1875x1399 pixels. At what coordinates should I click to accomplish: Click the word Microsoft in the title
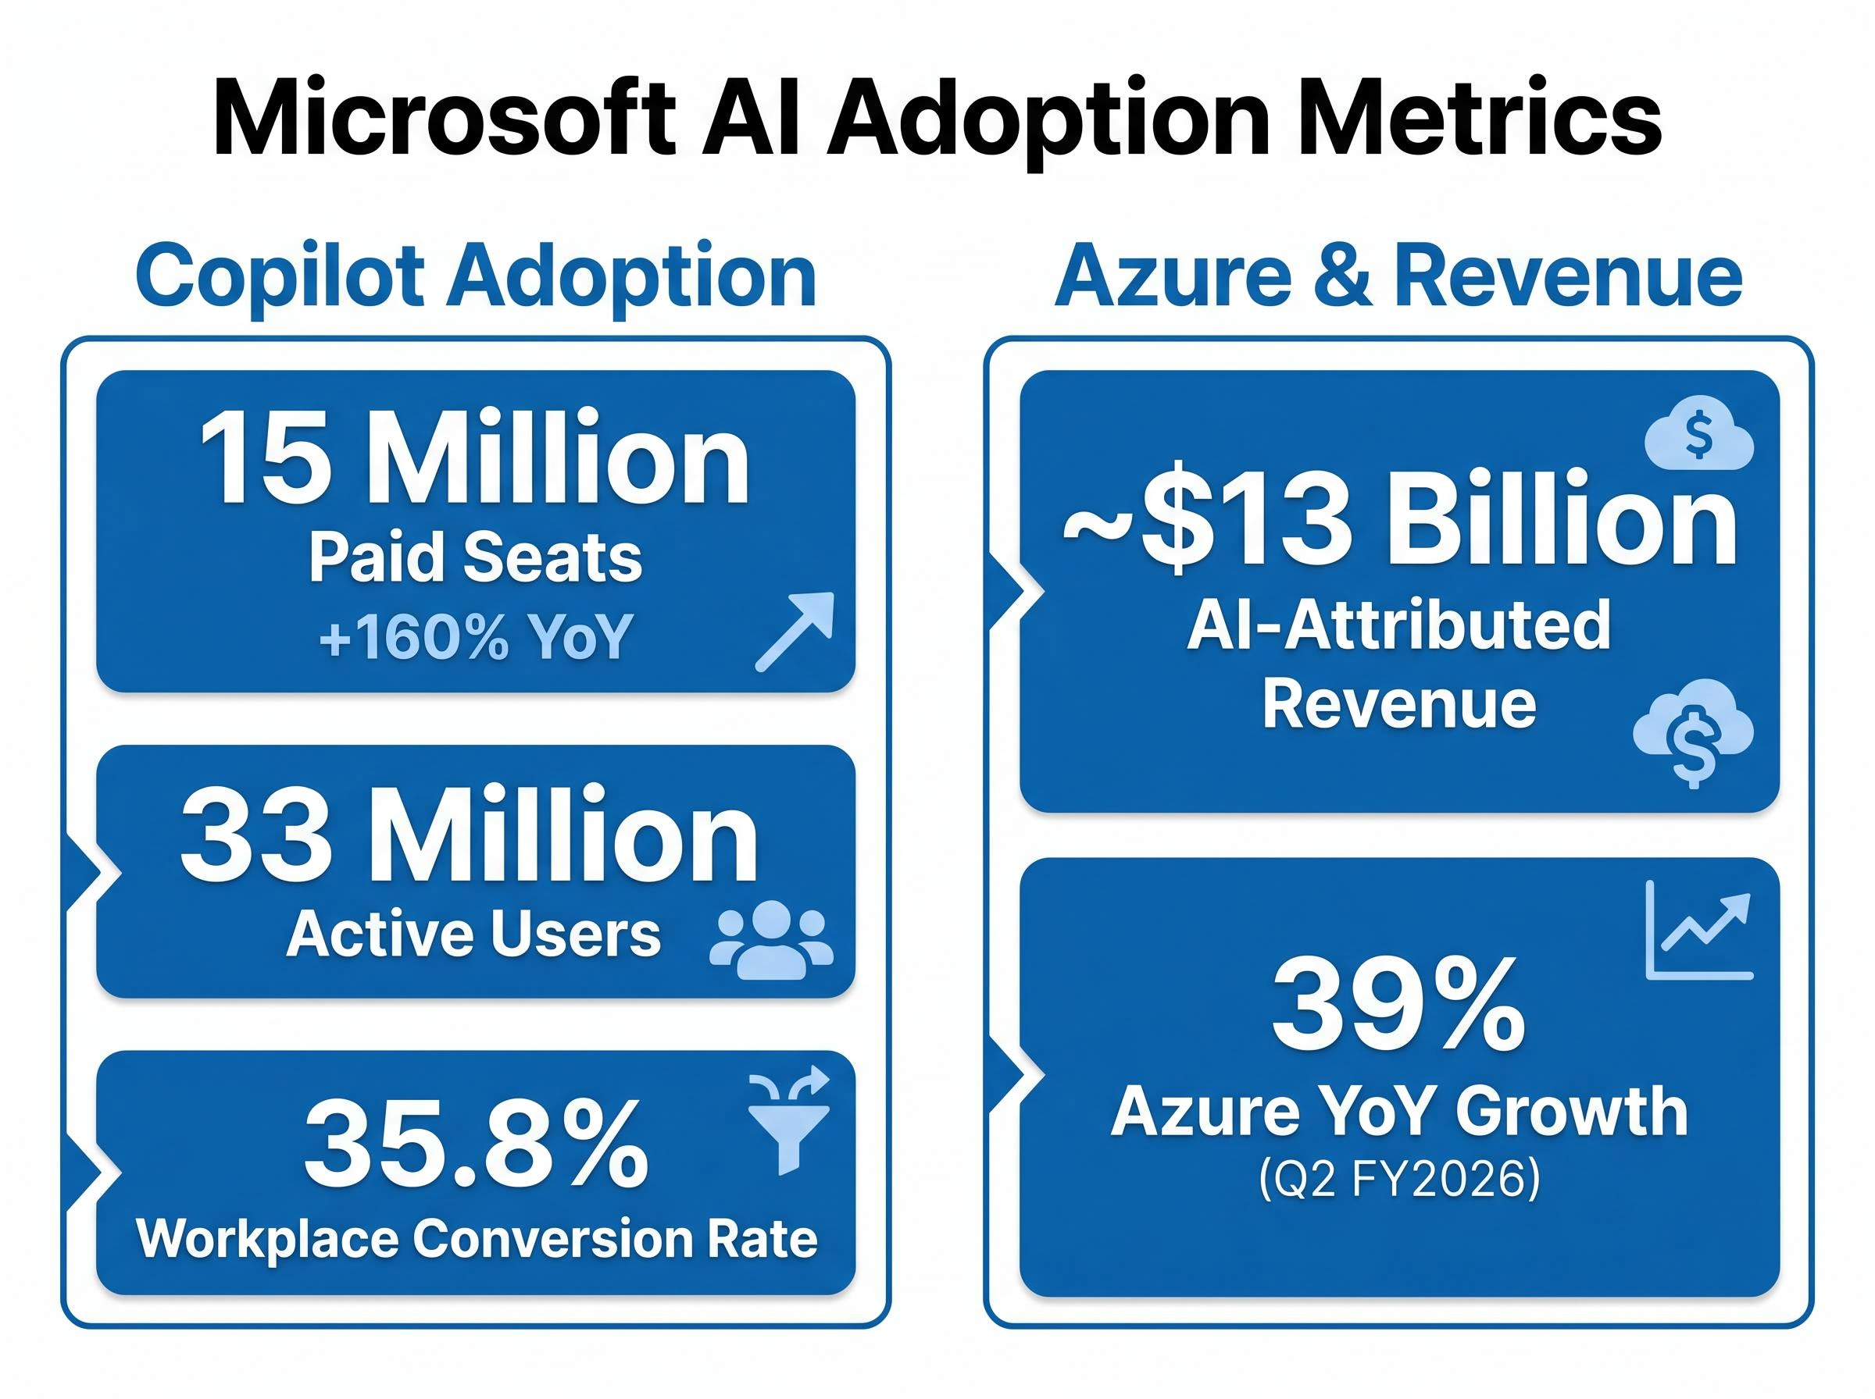pos(444,119)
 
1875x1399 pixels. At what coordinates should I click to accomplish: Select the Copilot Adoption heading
pos(476,277)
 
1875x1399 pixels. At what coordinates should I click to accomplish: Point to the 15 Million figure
pos(474,459)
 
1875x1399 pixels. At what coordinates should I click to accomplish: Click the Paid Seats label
pos(474,558)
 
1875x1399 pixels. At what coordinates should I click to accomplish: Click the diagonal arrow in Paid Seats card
pos(794,632)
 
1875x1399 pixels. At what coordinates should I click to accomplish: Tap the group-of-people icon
pos(771,940)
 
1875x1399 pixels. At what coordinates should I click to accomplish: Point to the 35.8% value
pos(476,1145)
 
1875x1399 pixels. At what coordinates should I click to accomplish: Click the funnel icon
pos(789,1121)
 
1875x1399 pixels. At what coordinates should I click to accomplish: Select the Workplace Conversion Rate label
pos(476,1239)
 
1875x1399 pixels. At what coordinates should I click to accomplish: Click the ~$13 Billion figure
pos(1399,518)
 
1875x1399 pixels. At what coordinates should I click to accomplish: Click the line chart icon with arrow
pos(1697,931)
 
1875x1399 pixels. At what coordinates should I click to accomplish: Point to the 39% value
pos(1398,1006)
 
